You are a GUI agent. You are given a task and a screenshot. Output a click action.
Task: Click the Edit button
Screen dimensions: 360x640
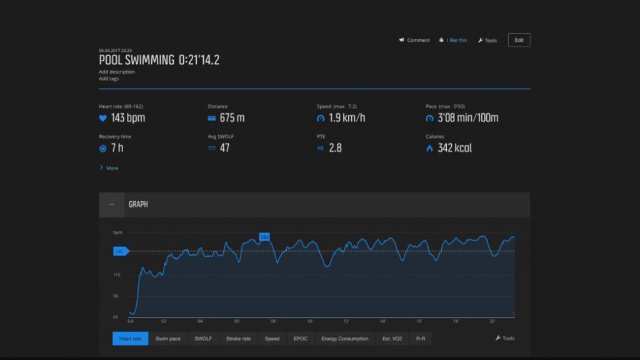[519, 40]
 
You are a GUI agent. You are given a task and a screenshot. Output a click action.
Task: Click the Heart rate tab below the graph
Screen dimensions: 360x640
[130, 339]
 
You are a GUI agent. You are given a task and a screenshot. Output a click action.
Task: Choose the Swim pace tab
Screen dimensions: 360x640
[167, 339]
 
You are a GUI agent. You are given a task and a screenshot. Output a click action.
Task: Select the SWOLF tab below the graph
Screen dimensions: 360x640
[203, 339]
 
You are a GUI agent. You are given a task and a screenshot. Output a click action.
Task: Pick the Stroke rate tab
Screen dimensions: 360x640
[238, 339]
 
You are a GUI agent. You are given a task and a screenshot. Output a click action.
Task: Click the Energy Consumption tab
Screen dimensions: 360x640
[344, 339]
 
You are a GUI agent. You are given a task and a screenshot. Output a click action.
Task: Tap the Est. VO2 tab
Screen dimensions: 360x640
[392, 339]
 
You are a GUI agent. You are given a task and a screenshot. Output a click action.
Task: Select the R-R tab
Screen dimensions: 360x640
[421, 339]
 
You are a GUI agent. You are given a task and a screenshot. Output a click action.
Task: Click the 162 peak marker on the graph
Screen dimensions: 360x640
[264, 237]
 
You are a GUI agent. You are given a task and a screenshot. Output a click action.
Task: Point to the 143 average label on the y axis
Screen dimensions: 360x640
[119, 251]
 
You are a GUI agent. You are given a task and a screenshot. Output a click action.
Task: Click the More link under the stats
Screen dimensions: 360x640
[111, 168]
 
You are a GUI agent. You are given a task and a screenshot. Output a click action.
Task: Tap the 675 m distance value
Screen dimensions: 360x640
[232, 117]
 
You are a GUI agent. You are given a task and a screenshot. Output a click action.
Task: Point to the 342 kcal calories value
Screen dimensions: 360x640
[454, 148]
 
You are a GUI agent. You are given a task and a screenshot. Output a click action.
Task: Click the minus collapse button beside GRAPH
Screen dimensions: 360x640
[111, 204]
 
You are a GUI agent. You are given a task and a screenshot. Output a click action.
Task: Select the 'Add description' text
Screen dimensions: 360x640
[116, 72]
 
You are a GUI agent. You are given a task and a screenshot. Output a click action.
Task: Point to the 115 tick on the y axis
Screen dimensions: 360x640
[117, 275]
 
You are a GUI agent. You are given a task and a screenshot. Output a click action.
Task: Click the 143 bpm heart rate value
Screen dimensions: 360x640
[127, 117]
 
